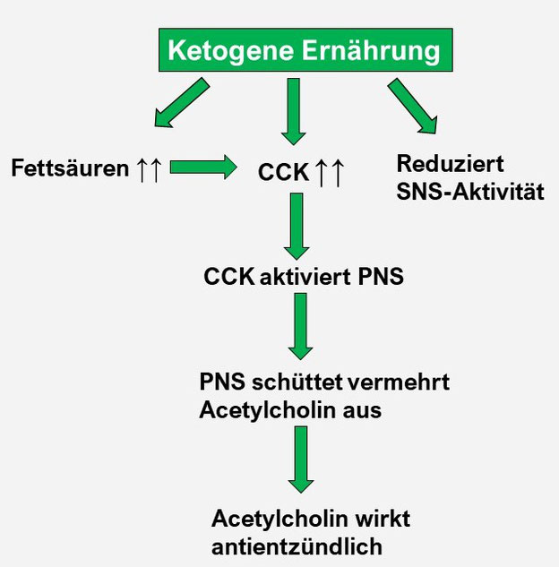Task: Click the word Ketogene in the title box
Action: [x=231, y=50]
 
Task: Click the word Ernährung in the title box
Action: [x=371, y=51]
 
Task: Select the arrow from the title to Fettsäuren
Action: [x=182, y=102]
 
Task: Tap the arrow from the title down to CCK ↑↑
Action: [x=294, y=112]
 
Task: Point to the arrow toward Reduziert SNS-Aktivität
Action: [x=413, y=106]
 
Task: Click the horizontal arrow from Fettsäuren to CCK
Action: [x=203, y=168]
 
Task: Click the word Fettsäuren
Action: [x=70, y=168]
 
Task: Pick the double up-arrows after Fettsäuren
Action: [x=149, y=169]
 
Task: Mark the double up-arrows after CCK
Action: [x=330, y=173]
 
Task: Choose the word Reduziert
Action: [x=450, y=163]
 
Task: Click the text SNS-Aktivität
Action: [x=470, y=192]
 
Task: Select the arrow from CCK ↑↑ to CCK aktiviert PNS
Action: [x=297, y=226]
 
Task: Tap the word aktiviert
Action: [x=305, y=277]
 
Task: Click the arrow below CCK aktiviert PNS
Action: [x=300, y=326]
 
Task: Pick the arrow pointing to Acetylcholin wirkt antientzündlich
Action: [x=301, y=460]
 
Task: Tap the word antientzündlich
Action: [x=297, y=546]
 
